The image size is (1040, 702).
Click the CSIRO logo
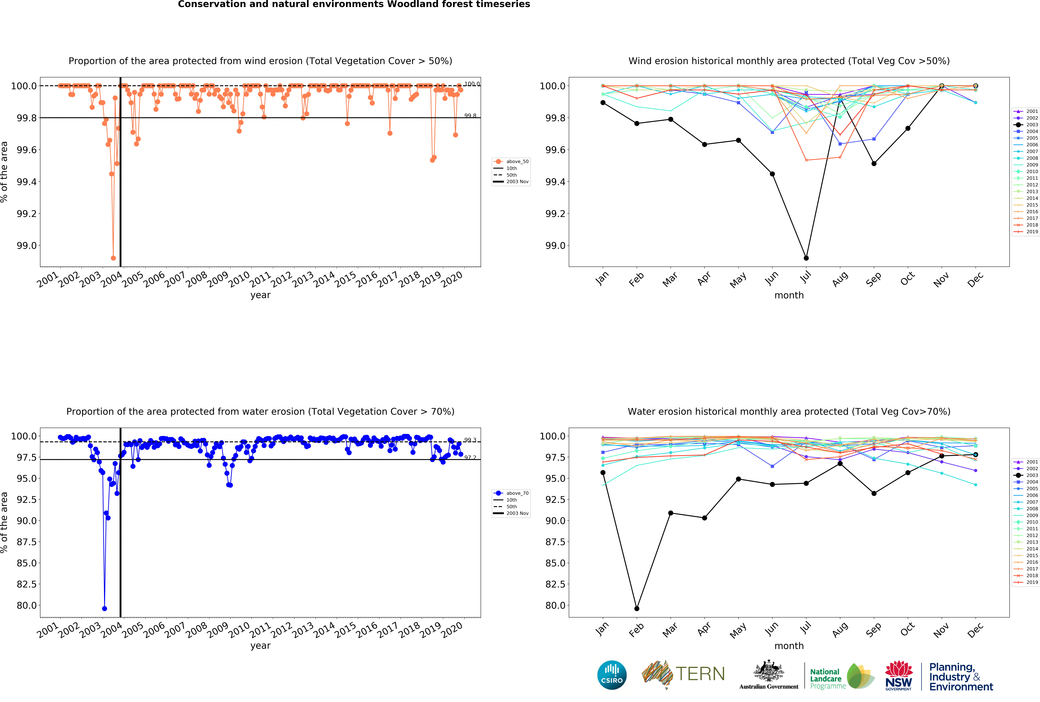coord(612,675)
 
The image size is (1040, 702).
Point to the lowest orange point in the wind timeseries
coord(113,258)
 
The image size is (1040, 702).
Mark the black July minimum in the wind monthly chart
coord(806,258)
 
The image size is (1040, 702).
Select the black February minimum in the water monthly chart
coord(637,609)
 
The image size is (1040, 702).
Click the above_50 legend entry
coord(517,161)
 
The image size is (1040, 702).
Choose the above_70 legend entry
coord(517,493)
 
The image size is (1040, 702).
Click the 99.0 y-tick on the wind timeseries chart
coord(27,245)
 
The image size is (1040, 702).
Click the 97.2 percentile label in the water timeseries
coord(470,457)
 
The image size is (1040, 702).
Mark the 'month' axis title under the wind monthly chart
coord(789,295)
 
